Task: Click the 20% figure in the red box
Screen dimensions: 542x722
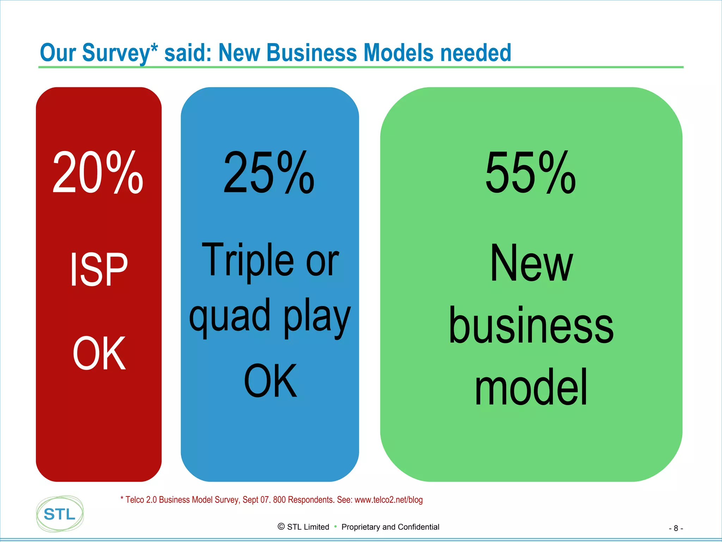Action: click(98, 172)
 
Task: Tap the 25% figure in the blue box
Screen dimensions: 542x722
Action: click(269, 172)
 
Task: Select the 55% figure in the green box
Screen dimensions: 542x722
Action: click(530, 172)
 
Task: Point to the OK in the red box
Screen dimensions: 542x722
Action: click(99, 353)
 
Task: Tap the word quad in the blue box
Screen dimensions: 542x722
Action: click(230, 316)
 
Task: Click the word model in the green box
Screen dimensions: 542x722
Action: click(531, 387)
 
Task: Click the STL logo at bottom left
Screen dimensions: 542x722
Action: click(60, 514)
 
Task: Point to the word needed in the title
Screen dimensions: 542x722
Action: click(476, 53)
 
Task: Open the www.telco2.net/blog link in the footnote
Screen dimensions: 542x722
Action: click(388, 500)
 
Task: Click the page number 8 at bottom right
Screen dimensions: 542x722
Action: click(676, 528)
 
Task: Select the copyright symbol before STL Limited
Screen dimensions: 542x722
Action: click(281, 526)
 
